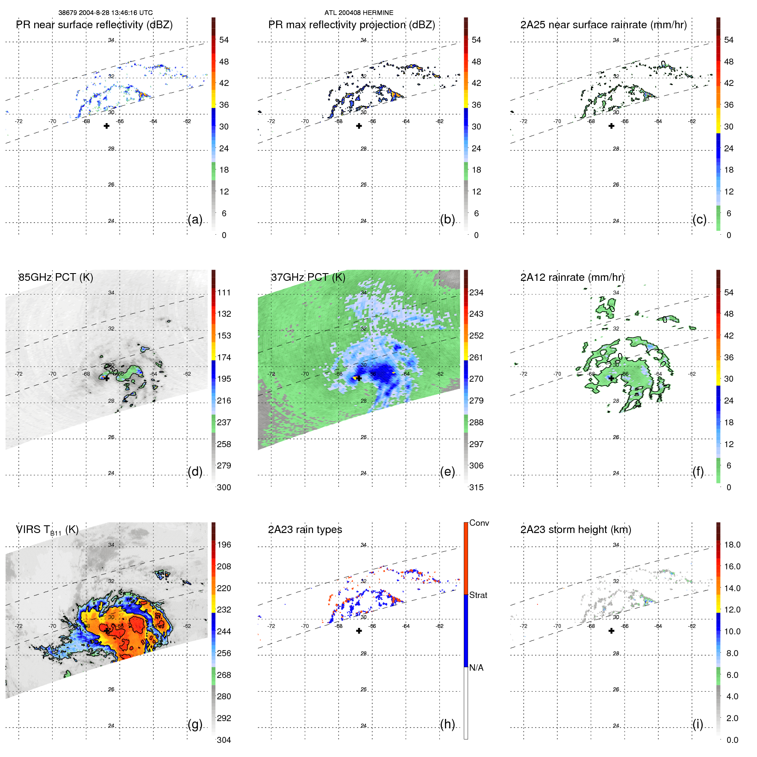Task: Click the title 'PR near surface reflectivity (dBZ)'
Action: click(94, 25)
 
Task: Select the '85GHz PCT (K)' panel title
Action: click(56, 277)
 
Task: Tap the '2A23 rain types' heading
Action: click(305, 530)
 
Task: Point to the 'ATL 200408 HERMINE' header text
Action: click(359, 13)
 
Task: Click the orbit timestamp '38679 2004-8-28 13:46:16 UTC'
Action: click(106, 13)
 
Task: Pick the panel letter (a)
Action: click(195, 219)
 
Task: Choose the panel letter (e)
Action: click(447, 471)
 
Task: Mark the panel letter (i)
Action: click(698, 724)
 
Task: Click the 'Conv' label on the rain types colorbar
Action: click(479, 523)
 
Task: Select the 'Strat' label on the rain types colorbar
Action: click(478, 595)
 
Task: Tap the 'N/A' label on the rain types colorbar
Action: click(476, 668)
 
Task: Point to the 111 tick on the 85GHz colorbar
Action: click(224, 292)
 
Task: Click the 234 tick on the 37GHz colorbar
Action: click(476, 292)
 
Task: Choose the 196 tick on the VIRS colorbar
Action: click(224, 545)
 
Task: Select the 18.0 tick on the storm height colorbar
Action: click(732, 545)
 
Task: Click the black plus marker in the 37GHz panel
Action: click(359, 378)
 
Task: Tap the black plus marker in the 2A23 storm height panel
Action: click(611, 630)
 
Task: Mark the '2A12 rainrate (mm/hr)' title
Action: click(572, 277)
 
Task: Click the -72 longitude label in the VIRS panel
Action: click(19, 626)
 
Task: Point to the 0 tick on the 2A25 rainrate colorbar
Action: click(729, 235)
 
